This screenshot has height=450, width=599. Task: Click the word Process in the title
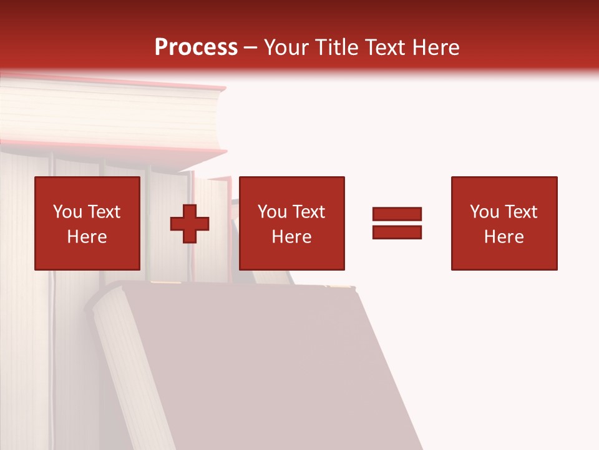tap(196, 47)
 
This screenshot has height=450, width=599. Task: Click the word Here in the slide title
tap(437, 47)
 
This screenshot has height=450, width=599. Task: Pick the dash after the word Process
tap(250, 49)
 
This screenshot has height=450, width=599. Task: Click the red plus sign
tap(190, 224)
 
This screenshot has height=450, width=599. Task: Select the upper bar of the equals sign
tap(397, 214)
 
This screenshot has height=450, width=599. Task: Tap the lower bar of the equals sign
tap(397, 232)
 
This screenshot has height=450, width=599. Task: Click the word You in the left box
tap(67, 212)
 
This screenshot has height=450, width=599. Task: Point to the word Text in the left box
tap(104, 212)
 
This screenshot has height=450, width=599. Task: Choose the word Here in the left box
tap(87, 237)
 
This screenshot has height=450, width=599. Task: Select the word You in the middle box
tap(272, 212)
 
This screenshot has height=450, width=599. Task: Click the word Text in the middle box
tap(308, 212)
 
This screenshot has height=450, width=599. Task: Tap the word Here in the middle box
tap(291, 237)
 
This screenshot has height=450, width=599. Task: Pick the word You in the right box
tap(484, 212)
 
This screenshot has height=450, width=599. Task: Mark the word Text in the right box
tap(520, 212)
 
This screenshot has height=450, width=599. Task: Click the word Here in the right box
tap(504, 237)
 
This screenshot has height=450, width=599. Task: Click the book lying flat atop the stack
tap(112, 116)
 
